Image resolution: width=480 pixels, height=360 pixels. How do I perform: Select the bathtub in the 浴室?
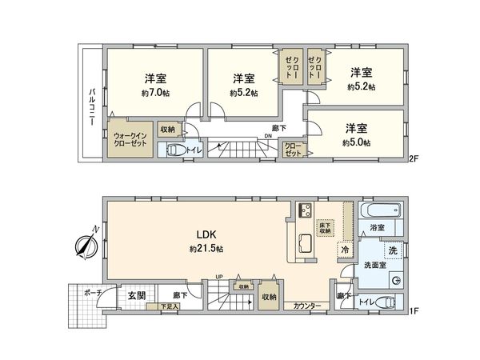point(376,212)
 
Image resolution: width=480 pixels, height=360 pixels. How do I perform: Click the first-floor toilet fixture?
point(383,302)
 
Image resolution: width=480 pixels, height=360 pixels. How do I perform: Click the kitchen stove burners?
point(305,211)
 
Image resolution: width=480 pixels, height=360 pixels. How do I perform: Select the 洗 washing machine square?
point(392,250)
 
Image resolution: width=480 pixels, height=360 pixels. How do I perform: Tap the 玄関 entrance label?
point(136,295)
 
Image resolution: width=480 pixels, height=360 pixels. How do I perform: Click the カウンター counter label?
point(307,306)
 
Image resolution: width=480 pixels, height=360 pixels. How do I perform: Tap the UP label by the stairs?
point(218,278)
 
